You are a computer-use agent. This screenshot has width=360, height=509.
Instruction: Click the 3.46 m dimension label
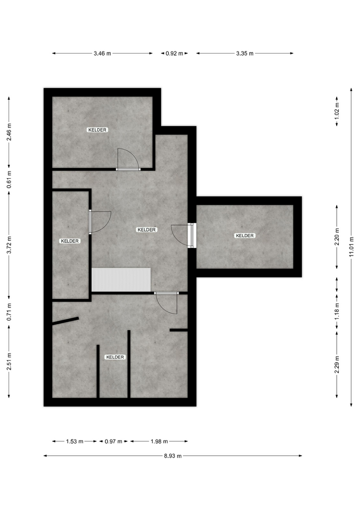102,54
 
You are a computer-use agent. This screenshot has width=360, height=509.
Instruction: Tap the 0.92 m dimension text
174,54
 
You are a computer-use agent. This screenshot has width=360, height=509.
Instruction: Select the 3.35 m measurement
245,54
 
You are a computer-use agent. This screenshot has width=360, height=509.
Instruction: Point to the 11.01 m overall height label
351,247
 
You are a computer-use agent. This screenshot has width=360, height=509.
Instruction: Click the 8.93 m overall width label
173,456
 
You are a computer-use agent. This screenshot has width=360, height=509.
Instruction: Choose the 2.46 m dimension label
9,131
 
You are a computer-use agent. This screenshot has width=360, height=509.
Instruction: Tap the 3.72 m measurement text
9,244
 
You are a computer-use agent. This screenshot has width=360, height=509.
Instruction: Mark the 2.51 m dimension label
9,361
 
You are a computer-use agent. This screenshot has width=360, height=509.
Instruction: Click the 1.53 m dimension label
75,442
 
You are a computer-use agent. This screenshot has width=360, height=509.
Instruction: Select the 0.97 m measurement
113,442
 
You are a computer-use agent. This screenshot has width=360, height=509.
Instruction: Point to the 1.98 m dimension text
159,442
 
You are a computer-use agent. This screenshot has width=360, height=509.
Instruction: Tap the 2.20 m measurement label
337,236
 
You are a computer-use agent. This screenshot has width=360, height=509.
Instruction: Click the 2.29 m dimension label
337,365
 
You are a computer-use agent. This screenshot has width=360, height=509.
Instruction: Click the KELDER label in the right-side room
245,235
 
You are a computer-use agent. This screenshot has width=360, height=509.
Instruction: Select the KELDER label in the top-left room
98,130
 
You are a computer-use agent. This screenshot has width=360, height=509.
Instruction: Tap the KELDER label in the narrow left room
70,241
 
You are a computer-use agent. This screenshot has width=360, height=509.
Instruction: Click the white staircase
121,279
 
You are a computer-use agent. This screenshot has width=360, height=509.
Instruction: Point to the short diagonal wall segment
65,320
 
